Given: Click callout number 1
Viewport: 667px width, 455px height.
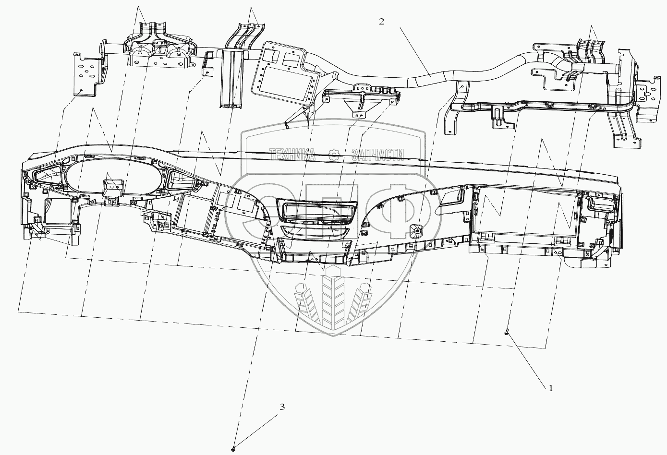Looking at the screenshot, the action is coord(551,388).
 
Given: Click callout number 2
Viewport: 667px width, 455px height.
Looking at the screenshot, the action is coord(381,22).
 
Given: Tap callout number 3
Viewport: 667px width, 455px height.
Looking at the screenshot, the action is coord(282,407).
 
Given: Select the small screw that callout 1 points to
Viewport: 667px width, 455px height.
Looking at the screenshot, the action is coord(507,332).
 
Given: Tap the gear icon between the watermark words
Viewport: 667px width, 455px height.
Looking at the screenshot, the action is coord(334,154).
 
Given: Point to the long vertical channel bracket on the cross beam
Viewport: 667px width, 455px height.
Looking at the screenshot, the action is coord(233,79).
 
